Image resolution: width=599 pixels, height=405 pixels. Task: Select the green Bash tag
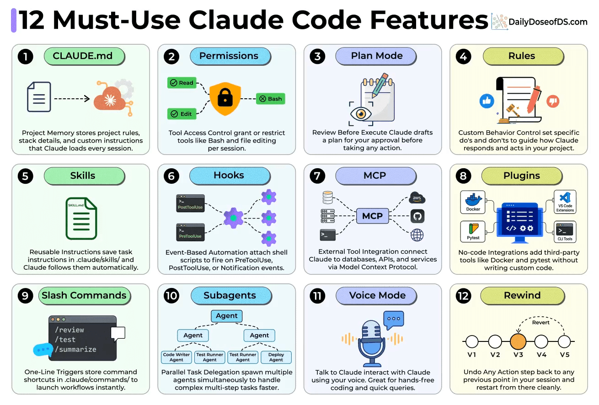click(x=270, y=98)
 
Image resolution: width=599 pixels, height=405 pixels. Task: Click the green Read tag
click(x=182, y=83)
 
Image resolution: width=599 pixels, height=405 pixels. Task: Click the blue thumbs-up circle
click(x=487, y=101)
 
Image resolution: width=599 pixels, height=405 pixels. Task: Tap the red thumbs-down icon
click(x=553, y=101)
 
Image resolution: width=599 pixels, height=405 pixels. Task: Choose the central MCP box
click(x=372, y=216)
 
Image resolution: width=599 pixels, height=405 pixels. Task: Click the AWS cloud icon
click(x=417, y=198)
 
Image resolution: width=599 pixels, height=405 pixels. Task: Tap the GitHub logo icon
click(x=417, y=216)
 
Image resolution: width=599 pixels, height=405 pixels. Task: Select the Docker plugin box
click(x=473, y=202)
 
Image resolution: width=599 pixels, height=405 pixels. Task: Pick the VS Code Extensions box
click(x=565, y=202)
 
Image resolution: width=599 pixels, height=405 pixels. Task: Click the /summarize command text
click(x=75, y=349)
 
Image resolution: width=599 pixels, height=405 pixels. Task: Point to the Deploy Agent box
click(x=276, y=357)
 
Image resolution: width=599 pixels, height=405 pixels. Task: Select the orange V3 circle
click(x=518, y=341)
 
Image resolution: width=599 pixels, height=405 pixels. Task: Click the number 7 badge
click(x=317, y=176)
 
